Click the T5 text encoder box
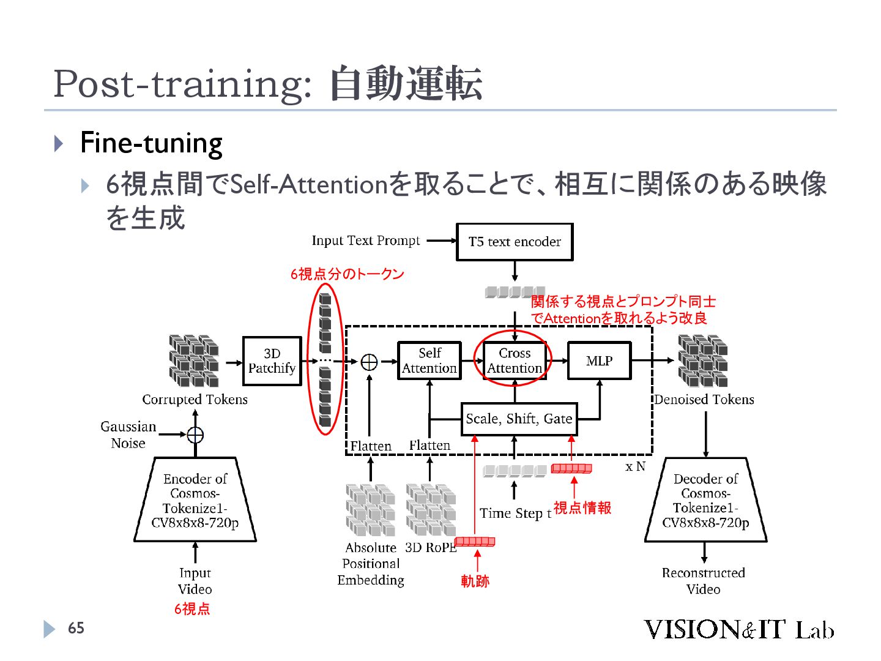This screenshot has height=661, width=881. [515, 242]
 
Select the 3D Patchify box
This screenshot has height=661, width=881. [272, 361]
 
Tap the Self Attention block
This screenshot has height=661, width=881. [429, 360]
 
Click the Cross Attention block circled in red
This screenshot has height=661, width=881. [514, 360]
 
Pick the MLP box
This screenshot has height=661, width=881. [599, 360]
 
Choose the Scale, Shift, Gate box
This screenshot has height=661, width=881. [519, 419]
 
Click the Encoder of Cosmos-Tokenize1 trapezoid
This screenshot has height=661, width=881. [195, 500]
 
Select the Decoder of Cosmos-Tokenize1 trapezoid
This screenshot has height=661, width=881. [705, 500]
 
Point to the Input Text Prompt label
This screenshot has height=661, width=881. [366, 241]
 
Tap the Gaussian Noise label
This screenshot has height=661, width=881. [128, 435]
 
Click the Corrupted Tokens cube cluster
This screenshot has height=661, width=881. [193, 361]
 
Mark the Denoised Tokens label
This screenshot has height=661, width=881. [704, 400]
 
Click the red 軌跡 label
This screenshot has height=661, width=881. [475, 581]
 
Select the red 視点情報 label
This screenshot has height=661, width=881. [582, 508]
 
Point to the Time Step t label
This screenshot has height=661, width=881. [515, 513]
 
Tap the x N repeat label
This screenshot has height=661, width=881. [635, 466]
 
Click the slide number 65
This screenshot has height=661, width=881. [76, 628]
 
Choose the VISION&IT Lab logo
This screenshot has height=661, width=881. [738, 629]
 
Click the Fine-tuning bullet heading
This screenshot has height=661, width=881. [151, 143]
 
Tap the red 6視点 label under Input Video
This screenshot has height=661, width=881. [192, 608]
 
